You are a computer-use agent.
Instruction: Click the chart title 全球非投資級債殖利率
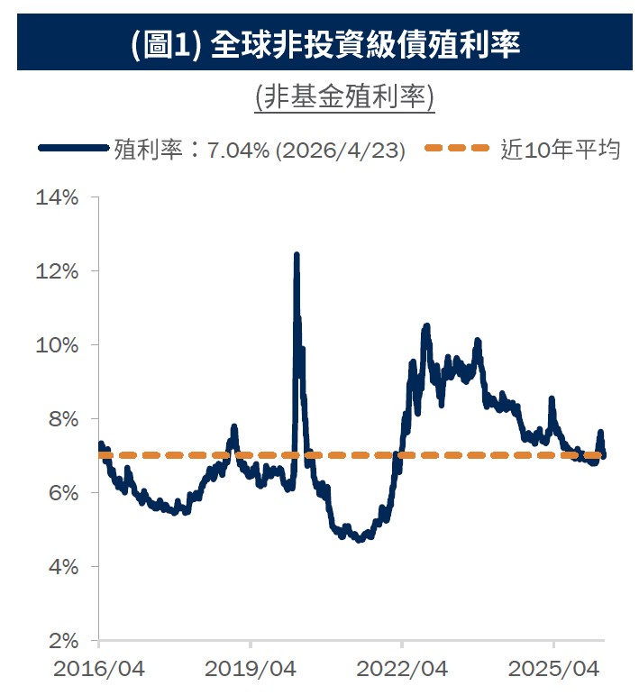pos(365,45)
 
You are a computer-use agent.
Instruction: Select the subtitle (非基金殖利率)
pos(345,97)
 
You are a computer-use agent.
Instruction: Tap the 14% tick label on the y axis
pos(57,197)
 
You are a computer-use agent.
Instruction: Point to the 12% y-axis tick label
pos(57,271)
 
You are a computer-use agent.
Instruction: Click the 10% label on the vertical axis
pos(57,345)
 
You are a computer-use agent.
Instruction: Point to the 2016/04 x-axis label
pos(98,670)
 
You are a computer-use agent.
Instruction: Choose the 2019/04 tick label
pos(251,670)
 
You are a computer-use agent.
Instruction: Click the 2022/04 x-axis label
pos(402,670)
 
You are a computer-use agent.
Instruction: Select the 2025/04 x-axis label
pos(553,670)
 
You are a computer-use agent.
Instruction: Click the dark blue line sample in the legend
pos(74,149)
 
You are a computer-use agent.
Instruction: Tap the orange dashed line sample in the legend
pos(459,149)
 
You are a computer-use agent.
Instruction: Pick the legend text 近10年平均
pos(560,149)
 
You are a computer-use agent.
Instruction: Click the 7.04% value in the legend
pos(238,150)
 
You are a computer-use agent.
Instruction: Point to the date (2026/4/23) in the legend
pos(340,150)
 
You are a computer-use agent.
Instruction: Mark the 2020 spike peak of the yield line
pos(297,256)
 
